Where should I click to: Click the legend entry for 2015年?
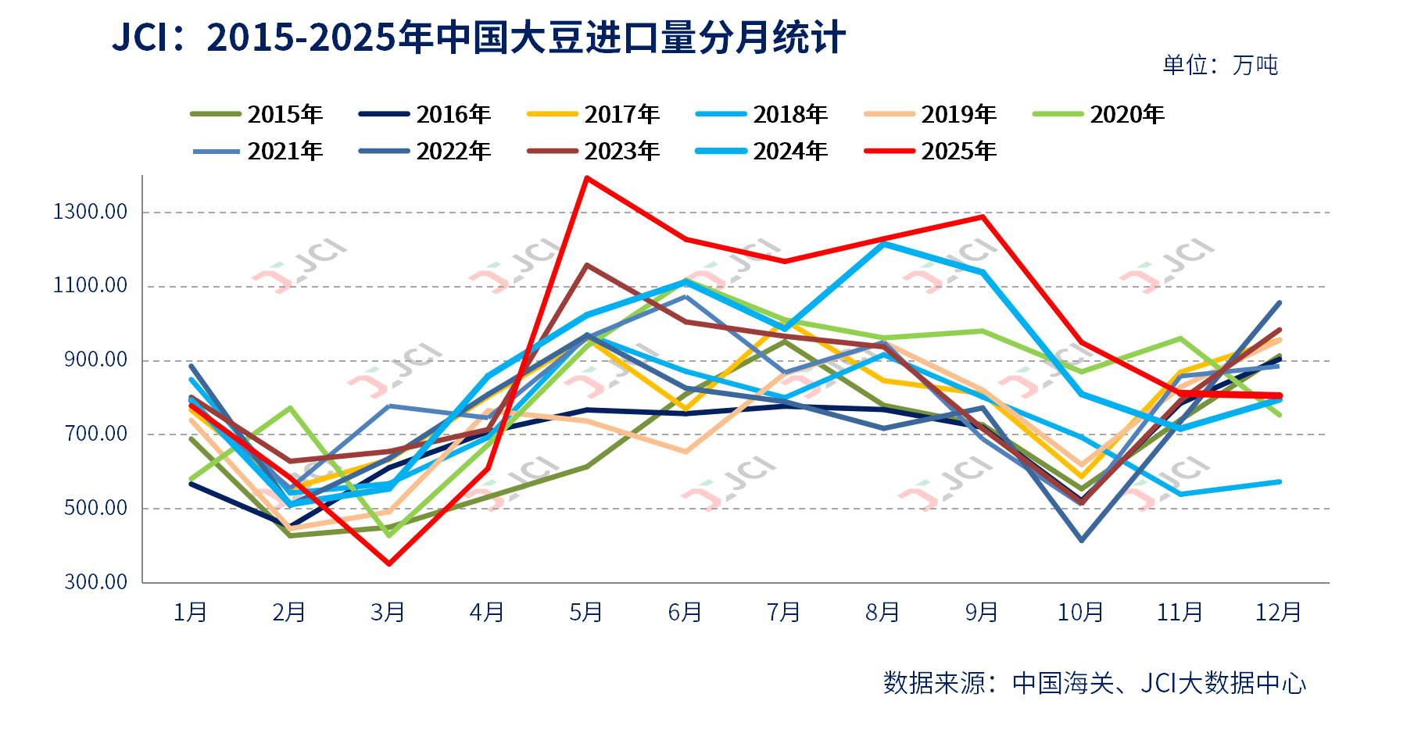coord(257,115)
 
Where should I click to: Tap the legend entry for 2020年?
coord(1099,115)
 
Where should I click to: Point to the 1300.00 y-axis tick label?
coord(90,212)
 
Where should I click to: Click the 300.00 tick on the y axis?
coord(95,582)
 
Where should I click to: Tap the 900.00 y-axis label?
coord(95,360)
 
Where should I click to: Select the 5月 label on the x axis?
coord(586,612)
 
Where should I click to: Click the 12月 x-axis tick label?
coord(1278,612)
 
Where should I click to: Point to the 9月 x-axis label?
coord(982,612)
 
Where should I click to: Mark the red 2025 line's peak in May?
coord(586,178)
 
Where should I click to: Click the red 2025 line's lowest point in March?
coord(388,563)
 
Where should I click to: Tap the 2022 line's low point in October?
coord(1081,540)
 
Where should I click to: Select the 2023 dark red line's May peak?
coord(586,265)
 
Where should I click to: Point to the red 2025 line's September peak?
coord(982,216)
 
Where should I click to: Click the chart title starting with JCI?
coord(478,38)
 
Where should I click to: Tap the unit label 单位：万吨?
coord(1219,65)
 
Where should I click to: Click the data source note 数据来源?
coord(1094,683)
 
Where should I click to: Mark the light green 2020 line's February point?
coord(290,408)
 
